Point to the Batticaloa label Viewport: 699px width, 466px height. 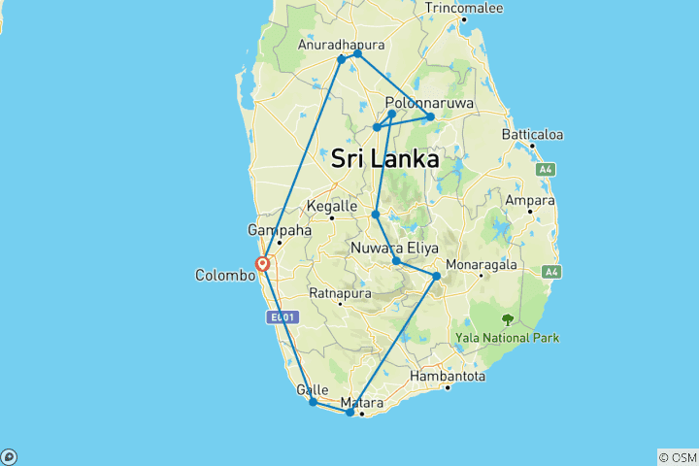[x=534, y=134]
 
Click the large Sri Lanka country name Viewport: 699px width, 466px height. [x=384, y=158]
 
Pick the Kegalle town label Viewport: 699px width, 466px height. [x=333, y=206]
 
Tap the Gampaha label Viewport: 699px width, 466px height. [x=280, y=231]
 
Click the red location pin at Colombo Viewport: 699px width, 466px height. [x=262, y=263]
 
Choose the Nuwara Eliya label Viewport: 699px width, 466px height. [x=395, y=248]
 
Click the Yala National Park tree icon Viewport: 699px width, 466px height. [x=507, y=318]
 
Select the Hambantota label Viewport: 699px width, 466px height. [x=448, y=375]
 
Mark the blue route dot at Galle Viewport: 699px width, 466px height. [x=313, y=402]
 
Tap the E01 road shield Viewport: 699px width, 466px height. [x=283, y=316]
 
